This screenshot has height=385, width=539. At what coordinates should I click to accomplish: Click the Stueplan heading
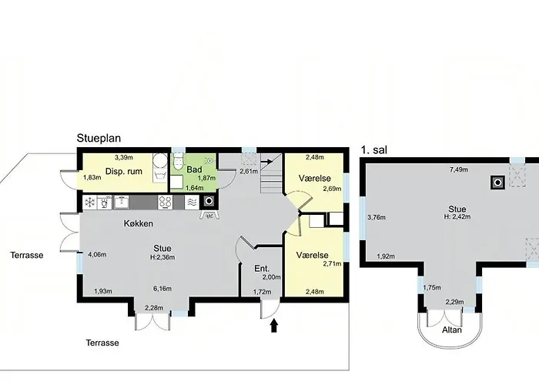(99, 138)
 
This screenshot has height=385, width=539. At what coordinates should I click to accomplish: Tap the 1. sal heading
(374, 150)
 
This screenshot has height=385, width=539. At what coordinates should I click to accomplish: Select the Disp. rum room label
(124, 171)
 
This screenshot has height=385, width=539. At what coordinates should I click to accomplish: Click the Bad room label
(194, 169)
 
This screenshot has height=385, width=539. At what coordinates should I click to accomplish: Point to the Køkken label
(139, 223)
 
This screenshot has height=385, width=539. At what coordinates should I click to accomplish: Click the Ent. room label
(262, 269)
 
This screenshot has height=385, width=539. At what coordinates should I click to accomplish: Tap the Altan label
(452, 330)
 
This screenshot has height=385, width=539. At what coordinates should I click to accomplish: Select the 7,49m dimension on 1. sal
(459, 169)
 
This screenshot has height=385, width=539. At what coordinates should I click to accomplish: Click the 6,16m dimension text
(162, 289)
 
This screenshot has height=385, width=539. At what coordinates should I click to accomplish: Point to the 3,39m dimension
(124, 157)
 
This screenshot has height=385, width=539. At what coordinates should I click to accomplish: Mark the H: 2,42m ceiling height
(457, 216)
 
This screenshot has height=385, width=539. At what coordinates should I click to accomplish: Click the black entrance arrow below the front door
(274, 326)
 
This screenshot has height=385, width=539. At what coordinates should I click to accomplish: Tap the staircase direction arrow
(266, 160)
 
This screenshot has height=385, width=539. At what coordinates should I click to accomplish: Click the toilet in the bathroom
(178, 162)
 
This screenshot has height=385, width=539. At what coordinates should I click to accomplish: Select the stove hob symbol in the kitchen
(165, 203)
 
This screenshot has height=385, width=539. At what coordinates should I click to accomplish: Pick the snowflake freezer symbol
(90, 202)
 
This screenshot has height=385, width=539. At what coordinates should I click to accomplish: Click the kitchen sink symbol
(122, 202)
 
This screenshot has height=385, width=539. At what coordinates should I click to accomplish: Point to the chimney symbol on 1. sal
(497, 182)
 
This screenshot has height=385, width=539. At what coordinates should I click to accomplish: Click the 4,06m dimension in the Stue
(97, 255)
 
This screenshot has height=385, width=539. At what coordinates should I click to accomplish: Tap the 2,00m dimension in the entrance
(272, 277)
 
